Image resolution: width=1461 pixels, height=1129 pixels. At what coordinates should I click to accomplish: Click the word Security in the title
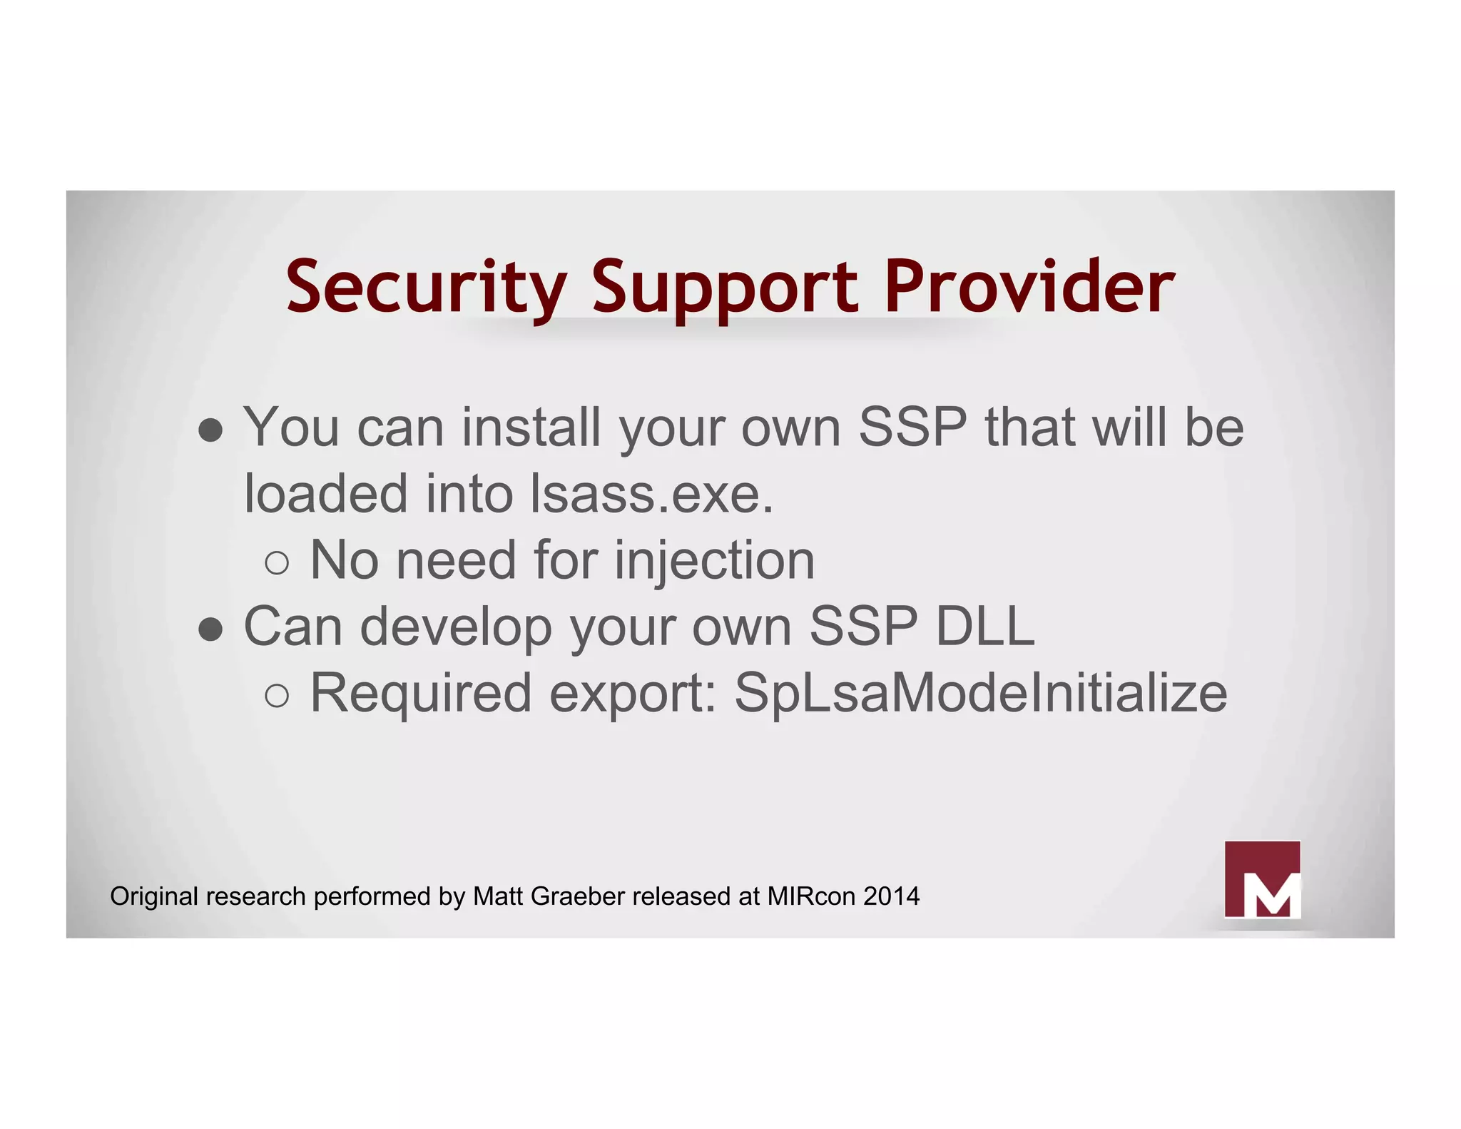pos(427,287)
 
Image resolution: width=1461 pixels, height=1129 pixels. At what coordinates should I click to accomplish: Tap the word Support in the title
pos(725,287)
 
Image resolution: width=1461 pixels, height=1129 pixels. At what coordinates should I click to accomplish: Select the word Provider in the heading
pos(1029,287)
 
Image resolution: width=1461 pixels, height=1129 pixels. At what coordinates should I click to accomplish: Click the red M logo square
pos(1262,879)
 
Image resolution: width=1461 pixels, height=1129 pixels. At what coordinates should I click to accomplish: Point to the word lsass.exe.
pos(651,494)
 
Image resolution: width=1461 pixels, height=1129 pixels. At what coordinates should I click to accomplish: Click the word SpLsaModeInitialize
pos(981,693)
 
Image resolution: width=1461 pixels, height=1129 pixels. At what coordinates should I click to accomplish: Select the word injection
pos(714,560)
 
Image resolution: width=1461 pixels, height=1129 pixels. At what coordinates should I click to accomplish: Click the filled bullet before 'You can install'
pos(211,430)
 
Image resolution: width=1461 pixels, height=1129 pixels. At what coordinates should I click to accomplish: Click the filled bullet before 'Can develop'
pos(211,629)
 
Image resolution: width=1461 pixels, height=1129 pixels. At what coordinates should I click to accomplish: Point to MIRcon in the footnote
pos(811,896)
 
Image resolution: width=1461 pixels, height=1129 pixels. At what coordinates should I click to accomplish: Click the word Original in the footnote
pos(153,896)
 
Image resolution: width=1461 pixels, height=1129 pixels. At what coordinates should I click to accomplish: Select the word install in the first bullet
pos(531,427)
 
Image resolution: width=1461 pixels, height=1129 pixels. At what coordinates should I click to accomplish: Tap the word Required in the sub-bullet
pos(421,693)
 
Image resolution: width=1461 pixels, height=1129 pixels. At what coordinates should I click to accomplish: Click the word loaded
pos(326,494)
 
